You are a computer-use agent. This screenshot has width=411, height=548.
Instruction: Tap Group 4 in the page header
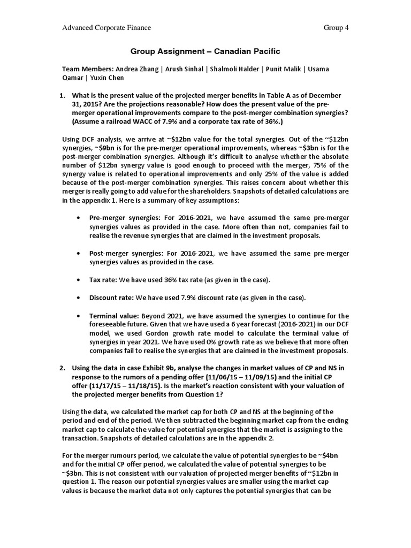336,28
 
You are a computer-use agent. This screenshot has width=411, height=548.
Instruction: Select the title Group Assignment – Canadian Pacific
205,51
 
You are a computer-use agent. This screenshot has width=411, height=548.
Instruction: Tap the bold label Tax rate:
103,279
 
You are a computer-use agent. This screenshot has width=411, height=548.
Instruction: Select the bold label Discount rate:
112,297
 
